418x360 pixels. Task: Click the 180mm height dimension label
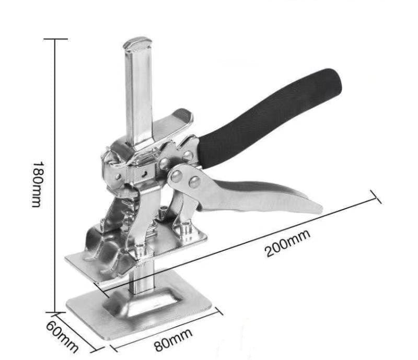(37, 184)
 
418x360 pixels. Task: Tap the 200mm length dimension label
(288, 243)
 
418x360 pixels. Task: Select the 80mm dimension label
(173, 340)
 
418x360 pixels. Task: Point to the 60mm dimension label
(62, 336)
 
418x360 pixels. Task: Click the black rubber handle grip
(269, 118)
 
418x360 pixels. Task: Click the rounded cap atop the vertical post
(137, 43)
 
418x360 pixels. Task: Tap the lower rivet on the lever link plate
(194, 182)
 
